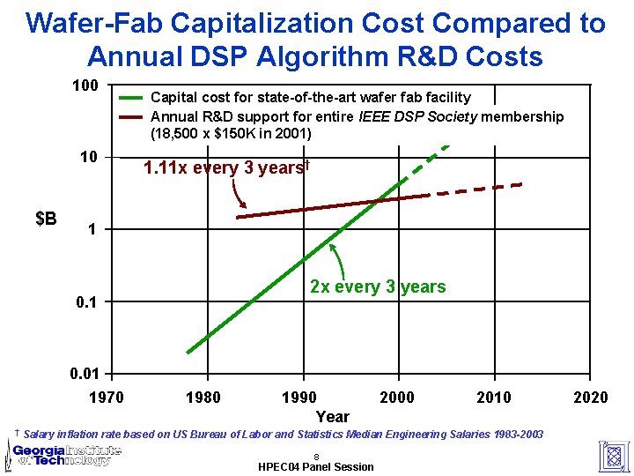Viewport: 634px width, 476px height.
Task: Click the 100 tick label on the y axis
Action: (x=85, y=87)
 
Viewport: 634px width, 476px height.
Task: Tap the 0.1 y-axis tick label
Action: (x=87, y=302)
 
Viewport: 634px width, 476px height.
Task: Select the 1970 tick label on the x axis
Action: (x=107, y=398)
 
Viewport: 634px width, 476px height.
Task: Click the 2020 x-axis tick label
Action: (x=590, y=398)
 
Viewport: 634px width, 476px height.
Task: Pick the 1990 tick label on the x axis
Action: (x=300, y=398)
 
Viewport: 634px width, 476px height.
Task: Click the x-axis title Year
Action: (x=333, y=416)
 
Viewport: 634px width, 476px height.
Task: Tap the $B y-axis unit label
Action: (x=47, y=218)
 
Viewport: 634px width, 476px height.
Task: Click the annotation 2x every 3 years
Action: (x=378, y=286)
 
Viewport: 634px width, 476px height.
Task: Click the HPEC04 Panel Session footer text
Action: (x=316, y=466)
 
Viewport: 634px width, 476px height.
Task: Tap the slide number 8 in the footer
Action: (x=315, y=456)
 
